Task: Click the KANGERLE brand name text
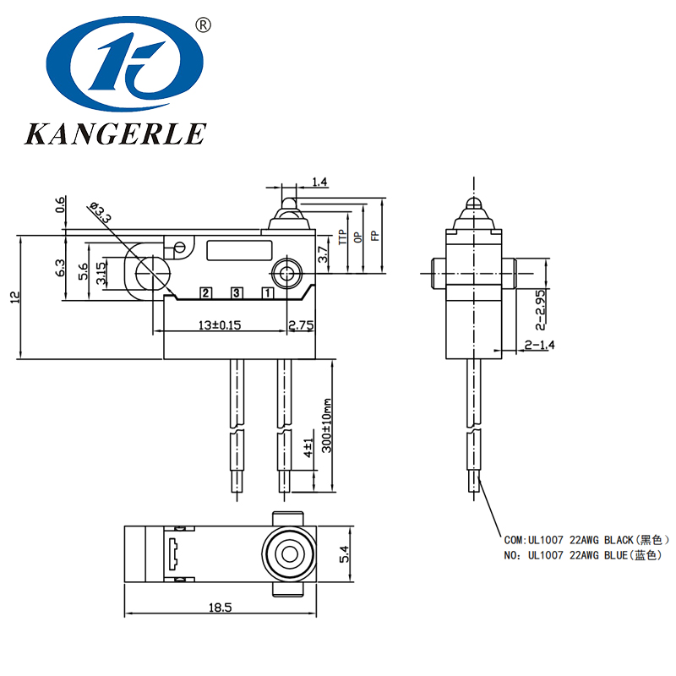click(x=116, y=134)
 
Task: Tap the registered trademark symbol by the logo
click(x=204, y=25)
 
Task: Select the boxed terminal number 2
click(x=205, y=293)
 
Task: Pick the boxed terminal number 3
click(x=237, y=293)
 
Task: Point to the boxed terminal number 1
click(x=268, y=293)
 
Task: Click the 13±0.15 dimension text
click(x=220, y=325)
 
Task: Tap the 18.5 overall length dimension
click(x=220, y=608)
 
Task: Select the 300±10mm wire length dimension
click(x=327, y=425)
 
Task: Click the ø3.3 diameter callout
click(x=100, y=212)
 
